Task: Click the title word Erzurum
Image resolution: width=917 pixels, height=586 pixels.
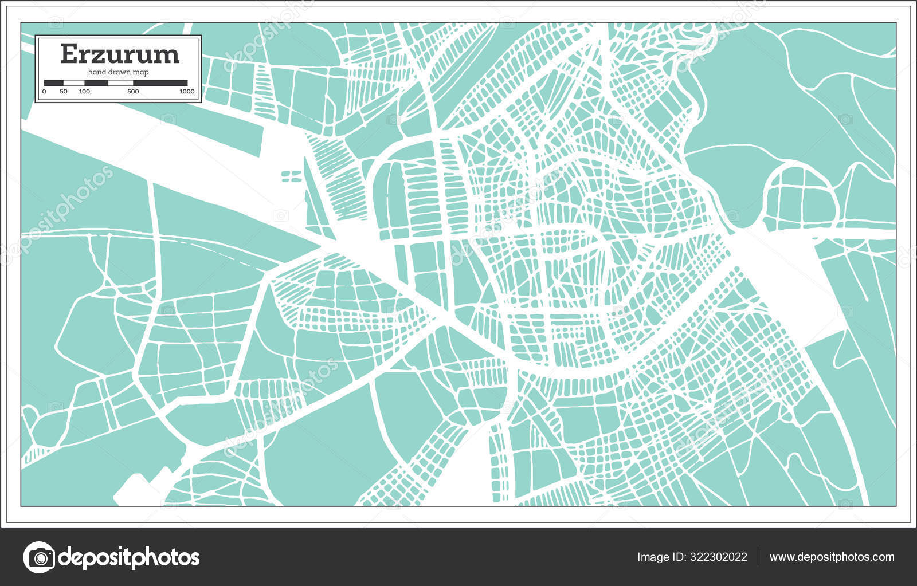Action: (x=119, y=54)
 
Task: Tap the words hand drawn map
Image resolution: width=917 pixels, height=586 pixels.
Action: (x=118, y=72)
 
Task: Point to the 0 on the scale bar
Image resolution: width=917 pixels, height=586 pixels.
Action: (x=44, y=92)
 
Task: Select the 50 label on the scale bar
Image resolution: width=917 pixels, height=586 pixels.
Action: (x=63, y=92)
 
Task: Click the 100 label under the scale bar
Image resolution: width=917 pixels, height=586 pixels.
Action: (x=84, y=92)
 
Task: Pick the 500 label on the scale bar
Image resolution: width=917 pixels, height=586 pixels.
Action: (x=133, y=92)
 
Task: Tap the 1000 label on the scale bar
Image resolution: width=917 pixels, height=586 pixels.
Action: (x=187, y=92)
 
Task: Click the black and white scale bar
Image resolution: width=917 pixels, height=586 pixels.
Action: (x=116, y=82)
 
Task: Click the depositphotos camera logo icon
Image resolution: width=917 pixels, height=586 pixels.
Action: (x=39, y=557)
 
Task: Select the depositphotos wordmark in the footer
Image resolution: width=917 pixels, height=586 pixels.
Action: (x=130, y=557)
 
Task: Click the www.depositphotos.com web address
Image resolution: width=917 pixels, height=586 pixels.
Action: (x=832, y=557)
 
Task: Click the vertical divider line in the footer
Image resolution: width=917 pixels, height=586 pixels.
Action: (x=758, y=557)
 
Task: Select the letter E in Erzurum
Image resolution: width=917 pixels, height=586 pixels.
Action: (x=68, y=54)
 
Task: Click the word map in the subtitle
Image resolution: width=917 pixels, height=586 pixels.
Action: (x=141, y=72)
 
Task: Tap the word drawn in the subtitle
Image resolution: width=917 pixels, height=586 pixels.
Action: (x=119, y=72)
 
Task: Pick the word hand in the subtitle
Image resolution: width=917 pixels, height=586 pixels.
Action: (x=96, y=72)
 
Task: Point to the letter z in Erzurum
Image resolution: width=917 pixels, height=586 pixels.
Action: (x=97, y=56)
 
